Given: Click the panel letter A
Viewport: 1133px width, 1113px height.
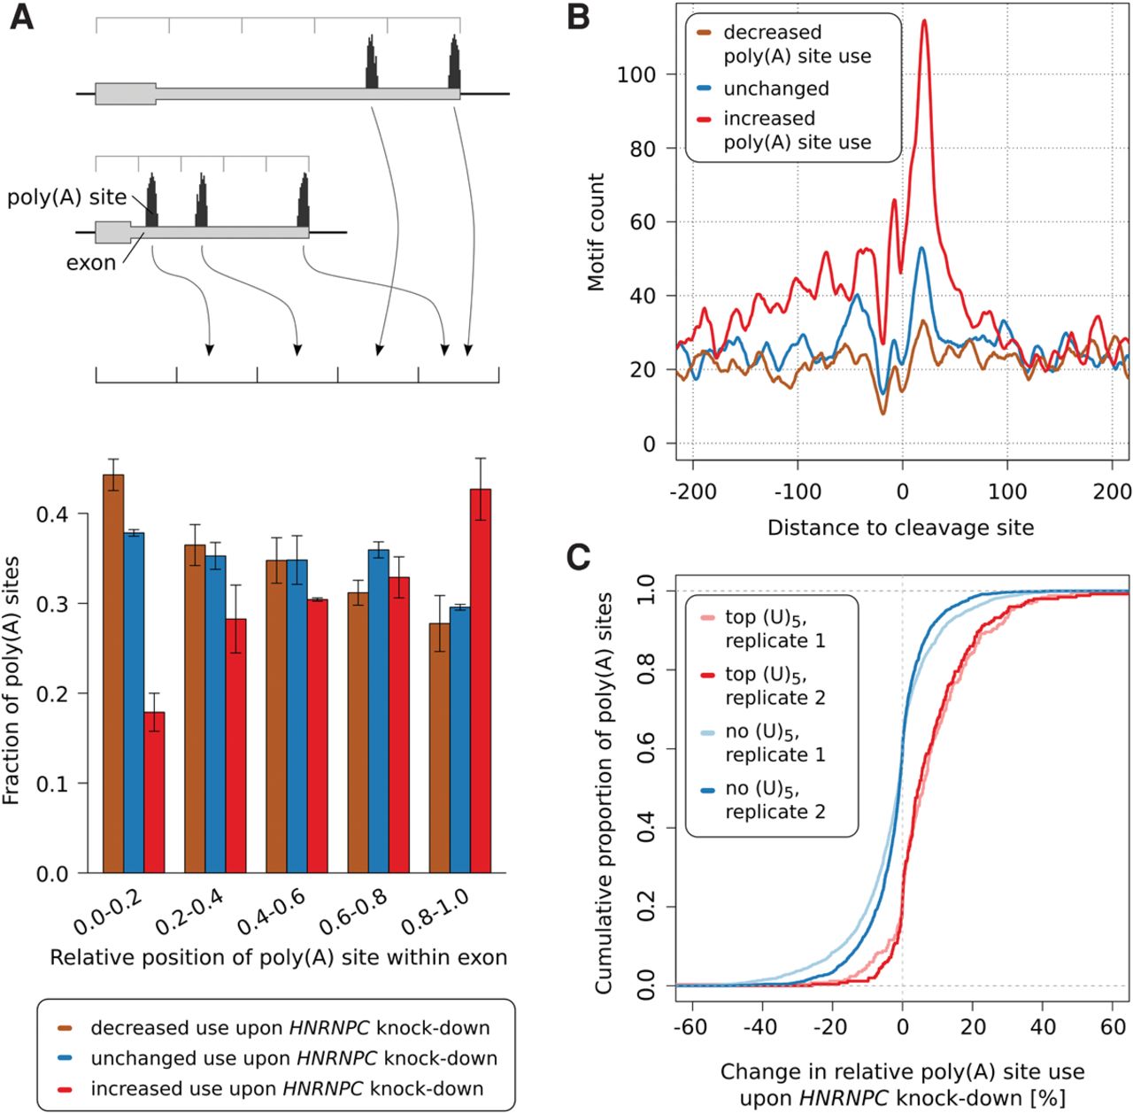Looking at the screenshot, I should [x=21, y=17].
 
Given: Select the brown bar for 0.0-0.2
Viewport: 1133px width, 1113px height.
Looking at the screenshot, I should [x=113, y=673].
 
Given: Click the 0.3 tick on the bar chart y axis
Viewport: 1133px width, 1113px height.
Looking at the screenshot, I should [x=61, y=604].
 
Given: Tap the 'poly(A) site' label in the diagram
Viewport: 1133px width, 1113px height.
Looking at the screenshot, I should [x=67, y=197].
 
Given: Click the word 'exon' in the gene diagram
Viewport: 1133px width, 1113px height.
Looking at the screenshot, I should [x=91, y=263].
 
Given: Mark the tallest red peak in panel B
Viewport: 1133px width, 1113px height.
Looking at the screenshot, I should [x=924, y=21].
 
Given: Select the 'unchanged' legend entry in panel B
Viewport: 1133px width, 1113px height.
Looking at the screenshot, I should [x=775, y=89].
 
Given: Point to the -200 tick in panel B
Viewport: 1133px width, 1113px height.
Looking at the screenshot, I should [x=692, y=491].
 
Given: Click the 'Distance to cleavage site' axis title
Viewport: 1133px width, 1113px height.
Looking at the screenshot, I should [x=900, y=528].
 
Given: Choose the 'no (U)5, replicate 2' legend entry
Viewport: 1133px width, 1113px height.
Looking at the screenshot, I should [x=775, y=800].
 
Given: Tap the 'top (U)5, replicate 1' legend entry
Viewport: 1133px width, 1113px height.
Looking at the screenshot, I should [x=775, y=629].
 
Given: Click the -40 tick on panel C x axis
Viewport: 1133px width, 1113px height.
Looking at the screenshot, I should [x=760, y=1027].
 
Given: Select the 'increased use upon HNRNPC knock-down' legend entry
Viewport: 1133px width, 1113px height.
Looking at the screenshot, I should [x=287, y=1088].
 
